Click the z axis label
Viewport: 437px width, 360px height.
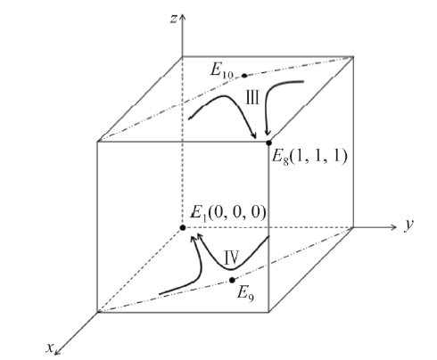point(173,19)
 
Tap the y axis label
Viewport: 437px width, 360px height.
point(409,225)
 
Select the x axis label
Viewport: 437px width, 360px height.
point(49,348)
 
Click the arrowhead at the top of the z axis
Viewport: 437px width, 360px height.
point(182,17)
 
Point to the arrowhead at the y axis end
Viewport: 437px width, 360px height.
point(393,227)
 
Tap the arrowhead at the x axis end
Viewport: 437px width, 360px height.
point(57,352)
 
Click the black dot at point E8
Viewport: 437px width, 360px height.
point(268,143)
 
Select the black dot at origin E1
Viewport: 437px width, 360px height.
point(183,227)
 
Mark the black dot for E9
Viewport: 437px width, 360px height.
point(232,280)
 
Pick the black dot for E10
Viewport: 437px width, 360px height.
point(244,76)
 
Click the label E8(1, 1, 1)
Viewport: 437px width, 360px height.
point(309,156)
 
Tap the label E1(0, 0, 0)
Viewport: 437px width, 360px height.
point(227,213)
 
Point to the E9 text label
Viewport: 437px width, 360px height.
point(245,294)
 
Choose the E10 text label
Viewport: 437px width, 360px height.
point(222,71)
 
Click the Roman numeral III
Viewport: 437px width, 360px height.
point(252,98)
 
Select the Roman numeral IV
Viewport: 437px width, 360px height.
point(231,258)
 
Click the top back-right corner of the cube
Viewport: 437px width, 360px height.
point(353,56)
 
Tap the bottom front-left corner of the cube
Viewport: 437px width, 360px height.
point(97,312)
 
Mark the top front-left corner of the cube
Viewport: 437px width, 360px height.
point(97,142)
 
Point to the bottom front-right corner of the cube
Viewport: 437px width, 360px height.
point(268,312)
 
